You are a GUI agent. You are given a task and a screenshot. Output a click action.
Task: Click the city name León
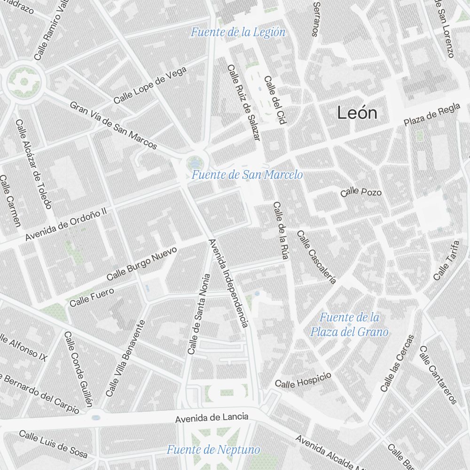click(357, 113)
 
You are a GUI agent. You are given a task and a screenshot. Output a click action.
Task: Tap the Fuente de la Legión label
click(238, 32)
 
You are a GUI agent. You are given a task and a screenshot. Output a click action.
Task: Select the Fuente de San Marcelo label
click(247, 175)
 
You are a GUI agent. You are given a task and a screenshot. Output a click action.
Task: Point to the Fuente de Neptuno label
click(213, 450)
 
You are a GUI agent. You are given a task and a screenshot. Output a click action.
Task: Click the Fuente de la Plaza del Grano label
click(349, 324)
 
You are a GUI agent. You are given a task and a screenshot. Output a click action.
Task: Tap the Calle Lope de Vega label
click(150, 85)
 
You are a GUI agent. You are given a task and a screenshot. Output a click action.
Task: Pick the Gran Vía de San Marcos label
click(113, 125)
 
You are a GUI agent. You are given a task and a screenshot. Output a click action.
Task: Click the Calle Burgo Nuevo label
click(142, 263)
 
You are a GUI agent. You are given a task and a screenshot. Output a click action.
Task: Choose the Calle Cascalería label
click(316, 257)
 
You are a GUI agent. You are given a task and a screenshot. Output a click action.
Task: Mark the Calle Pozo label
click(361, 192)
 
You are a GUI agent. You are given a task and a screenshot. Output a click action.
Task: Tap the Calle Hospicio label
click(303, 380)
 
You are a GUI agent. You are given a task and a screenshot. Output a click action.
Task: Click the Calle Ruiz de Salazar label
click(243, 102)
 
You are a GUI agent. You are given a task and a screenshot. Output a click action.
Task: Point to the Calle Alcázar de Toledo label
click(33, 164)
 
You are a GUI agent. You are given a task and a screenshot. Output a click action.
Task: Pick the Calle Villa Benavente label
click(125, 358)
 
